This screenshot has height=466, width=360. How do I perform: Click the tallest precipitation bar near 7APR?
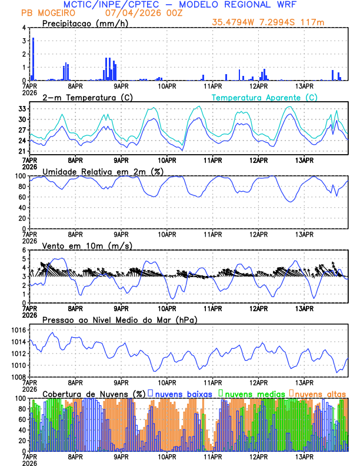tap(33, 59)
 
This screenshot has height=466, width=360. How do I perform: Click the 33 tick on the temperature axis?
tap(22, 109)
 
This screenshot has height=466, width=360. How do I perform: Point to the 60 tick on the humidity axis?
tap(21, 197)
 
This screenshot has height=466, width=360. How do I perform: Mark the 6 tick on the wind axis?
tap(24, 251)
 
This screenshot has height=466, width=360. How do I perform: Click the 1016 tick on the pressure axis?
tap(18, 331)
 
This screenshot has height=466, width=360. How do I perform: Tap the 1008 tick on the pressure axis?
tap(18, 377)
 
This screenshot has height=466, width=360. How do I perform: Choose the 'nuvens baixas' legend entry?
tap(179, 393)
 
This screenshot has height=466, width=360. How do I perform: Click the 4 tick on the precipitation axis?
tap(24, 28)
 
